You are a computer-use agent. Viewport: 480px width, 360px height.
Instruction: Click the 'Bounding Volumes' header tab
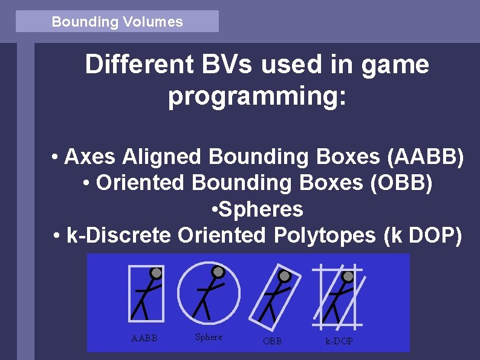pos(117,22)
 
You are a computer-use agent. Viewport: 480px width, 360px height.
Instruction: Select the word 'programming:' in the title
pos(258,97)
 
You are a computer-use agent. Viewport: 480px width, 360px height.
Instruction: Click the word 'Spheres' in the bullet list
pos(261,209)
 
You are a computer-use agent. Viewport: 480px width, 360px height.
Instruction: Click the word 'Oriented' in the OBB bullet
pos(140,183)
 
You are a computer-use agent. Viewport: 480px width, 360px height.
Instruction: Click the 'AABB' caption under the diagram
pos(144,338)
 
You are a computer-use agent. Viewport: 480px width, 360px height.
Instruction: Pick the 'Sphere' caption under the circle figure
pos(209,337)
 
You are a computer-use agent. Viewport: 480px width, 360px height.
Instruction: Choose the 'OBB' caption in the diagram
pos(272,341)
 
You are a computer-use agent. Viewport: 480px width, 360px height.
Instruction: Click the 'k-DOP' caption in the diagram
pos(339,341)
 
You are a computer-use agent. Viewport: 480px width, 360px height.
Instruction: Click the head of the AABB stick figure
pos(156,273)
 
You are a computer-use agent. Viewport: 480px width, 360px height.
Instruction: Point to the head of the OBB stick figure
pos(284,277)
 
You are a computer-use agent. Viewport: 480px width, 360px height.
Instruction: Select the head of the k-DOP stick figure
pos(348,277)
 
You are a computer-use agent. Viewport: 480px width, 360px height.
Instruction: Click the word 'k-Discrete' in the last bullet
pos(118,235)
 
